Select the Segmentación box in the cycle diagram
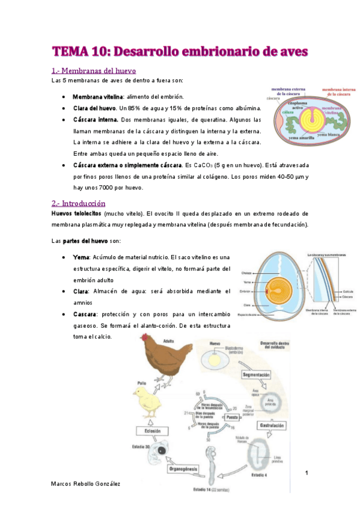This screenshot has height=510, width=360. pos(258,375)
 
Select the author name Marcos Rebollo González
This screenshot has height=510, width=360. pos(86,483)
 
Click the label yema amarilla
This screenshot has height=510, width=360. pos(291,138)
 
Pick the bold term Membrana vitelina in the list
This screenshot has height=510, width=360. pos(97,97)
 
